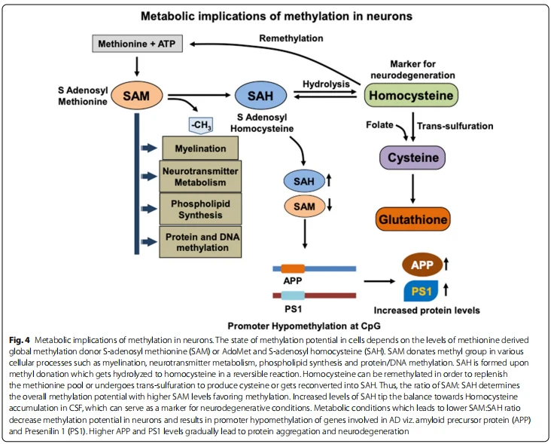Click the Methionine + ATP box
click(138, 44)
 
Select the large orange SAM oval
click(137, 96)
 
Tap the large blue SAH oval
click(260, 96)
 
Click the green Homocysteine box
click(411, 95)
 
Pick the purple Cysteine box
click(412, 158)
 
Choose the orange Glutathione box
click(413, 219)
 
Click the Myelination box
click(200, 148)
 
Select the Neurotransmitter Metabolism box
click(200, 176)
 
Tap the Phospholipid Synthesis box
click(200, 209)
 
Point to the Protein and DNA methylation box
click(200, 242)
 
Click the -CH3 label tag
click(201, 126)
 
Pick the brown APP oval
click(422, 265)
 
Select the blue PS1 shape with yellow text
click(421, 291)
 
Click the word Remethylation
click(291, 38)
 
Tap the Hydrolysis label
click(326, 84)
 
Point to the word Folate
click(379, 125)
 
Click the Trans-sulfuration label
click(455, 126)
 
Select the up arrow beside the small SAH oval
click(329, 181)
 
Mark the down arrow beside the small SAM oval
click(329, 205)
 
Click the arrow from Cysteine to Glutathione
click(413, 188)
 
